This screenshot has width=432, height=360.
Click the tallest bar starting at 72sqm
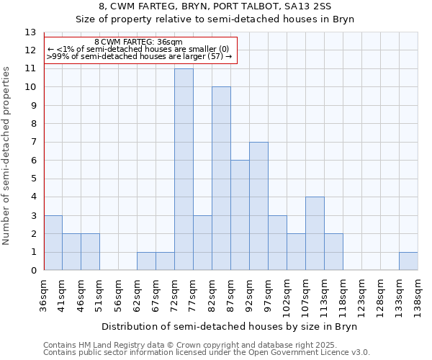[184, 169]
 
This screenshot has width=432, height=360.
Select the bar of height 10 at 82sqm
[221, 179]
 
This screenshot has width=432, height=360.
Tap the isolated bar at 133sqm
[408, 261]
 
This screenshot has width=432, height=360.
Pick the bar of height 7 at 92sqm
[258, 206]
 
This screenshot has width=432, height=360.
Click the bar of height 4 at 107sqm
[315, 233]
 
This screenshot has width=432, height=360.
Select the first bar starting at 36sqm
[53, 243]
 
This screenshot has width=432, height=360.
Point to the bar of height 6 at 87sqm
[240, 215]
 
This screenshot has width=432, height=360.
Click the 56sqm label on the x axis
[119, 294]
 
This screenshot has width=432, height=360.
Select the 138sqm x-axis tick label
[418, 296]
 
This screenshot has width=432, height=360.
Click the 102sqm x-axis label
[287, 296]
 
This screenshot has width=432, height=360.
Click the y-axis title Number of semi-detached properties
[7, 155]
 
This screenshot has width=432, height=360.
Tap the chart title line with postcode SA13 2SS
[215, 7]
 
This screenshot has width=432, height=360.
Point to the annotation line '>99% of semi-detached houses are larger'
[139, 56]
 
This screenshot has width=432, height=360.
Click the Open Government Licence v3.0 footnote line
[206, 353]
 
